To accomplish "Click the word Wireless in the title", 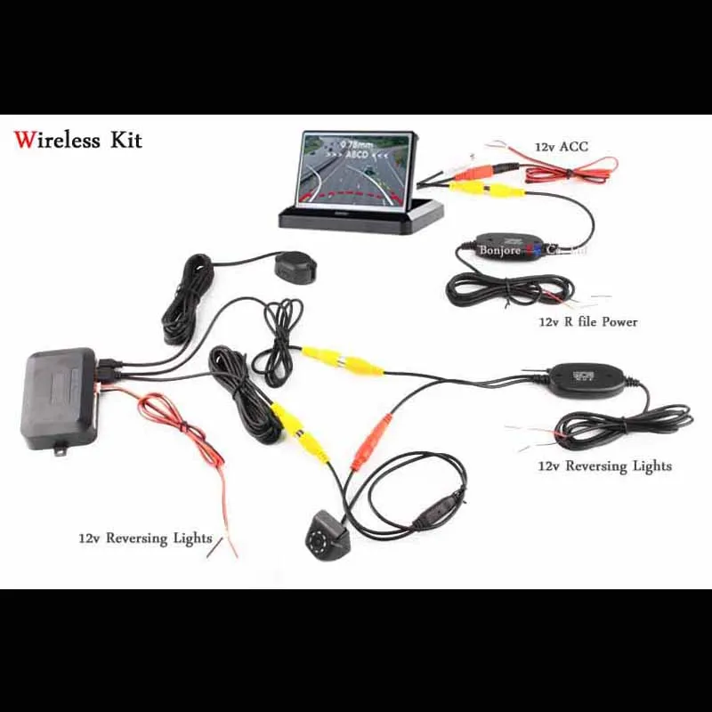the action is tap(56, 141).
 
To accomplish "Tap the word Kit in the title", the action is tap(125, 141).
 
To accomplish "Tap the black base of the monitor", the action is tap(360, 216).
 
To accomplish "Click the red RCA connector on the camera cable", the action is tap(367, 442).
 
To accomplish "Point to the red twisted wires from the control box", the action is tap(182, 436).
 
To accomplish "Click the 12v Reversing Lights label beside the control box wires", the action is tap(144, 538).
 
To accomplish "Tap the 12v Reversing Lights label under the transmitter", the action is tap(604, 465).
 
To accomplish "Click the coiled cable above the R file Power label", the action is tap(498, 289).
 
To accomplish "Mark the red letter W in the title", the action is tap(25, 141).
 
